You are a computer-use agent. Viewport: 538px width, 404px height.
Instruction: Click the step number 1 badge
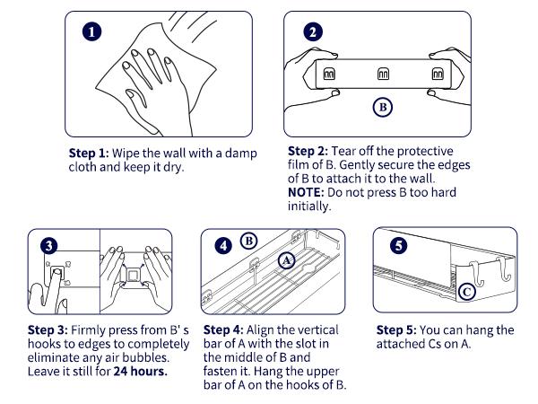(x=92, y=32)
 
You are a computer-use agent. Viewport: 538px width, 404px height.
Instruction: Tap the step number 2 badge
(x=313, y=32)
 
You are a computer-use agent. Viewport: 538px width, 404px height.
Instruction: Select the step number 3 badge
(x=49, y=246)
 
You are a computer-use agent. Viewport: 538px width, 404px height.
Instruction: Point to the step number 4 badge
(x=223, y=246)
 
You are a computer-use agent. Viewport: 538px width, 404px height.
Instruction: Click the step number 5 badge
(x=398, y=245)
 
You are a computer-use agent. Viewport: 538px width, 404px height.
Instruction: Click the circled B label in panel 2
(x=383, y=107)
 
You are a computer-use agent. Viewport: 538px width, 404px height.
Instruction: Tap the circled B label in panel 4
(x=249, y=242)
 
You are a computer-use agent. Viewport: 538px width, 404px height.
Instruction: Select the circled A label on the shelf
(x=287, y=260)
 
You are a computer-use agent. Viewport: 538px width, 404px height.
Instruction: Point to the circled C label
(x=466, y=292)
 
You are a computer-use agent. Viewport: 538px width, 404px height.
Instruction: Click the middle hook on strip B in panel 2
(x=383, y=74)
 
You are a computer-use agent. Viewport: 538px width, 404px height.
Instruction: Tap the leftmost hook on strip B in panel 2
(x=329, y=74)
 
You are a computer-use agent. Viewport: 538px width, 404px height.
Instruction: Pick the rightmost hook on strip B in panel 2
(x=438, y=74)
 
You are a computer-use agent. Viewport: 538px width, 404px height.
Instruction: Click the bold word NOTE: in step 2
(x=306, y=192)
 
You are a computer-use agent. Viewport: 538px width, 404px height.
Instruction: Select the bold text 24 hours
(x=141, y=372)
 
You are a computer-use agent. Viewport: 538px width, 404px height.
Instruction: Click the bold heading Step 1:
(x=89, y=154)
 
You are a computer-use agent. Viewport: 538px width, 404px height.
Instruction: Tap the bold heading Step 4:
(x=223, y=330)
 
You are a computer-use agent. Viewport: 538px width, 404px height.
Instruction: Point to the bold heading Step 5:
(x=396, y=330)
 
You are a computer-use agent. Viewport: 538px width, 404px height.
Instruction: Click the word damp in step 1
(x=241, y=154)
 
